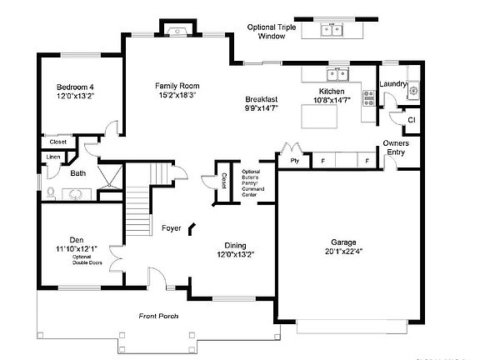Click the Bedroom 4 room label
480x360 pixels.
click(76, 87)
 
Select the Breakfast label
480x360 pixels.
click(261, 99)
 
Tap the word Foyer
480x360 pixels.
click(172, 227)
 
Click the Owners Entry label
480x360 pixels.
click(396, 147)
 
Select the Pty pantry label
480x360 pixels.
click(294, 159)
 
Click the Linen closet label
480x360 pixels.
click(53, 157)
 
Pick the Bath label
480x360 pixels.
click(77, 173)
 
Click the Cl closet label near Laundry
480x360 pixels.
click(411, 121)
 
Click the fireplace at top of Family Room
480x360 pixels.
click(177, 31)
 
